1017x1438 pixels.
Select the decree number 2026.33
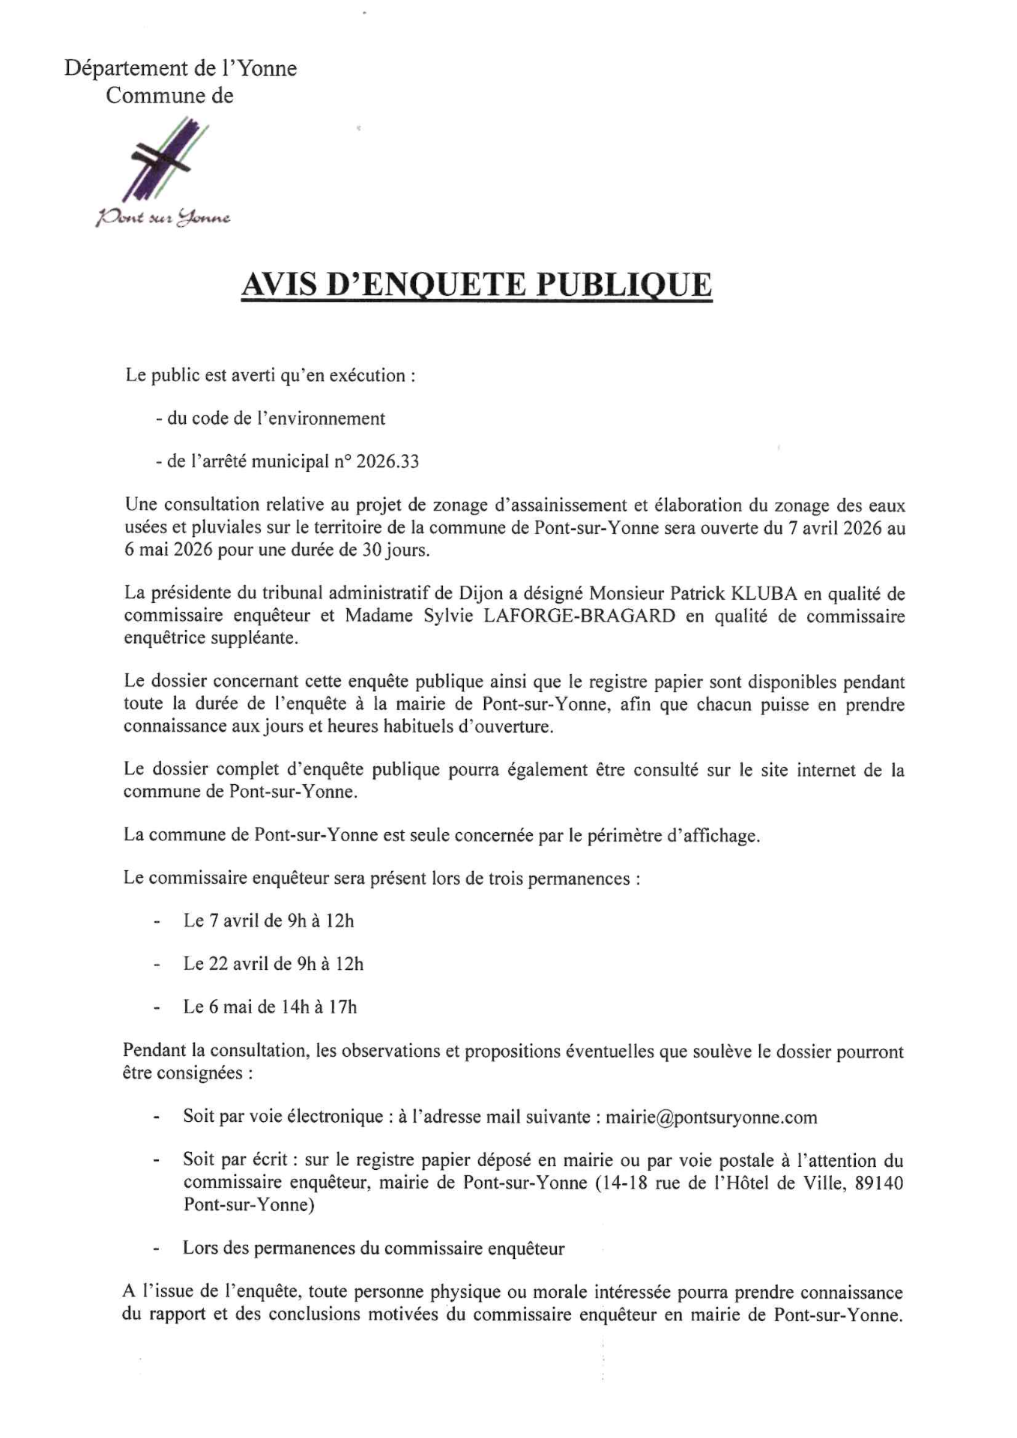click(387, 461)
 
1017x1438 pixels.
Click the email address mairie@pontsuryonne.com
click(711, 1117)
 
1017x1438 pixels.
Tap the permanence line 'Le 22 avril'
click(273, 964)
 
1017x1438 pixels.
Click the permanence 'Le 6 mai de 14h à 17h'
click(270, 1007)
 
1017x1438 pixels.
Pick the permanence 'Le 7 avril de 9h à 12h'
click(268, 920)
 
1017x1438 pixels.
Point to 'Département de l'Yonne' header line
click(181, 69)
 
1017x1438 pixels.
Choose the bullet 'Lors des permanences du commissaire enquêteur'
click(373, 1249)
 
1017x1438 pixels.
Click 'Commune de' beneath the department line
click(169, 96)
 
